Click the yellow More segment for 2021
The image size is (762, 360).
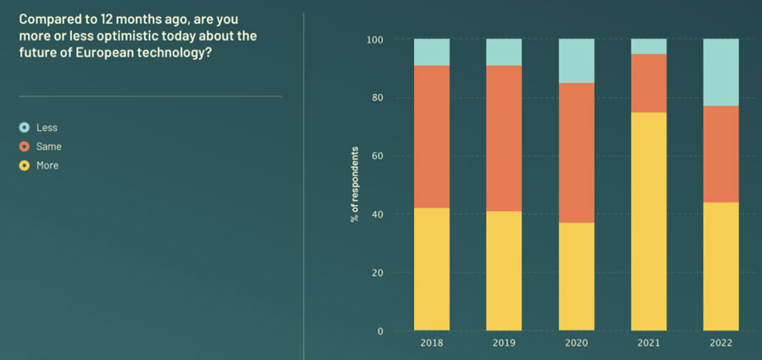pyautogui.click(x=649, y=221)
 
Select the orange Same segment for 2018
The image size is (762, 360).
pyautogui.click(x=432, y=136)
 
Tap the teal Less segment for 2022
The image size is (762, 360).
pyautogui.click(x=721, y=72)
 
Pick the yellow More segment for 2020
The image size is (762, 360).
pyautogui.click(x=577, y=276)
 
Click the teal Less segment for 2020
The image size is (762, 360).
pyautogui.click(x=577, y=60)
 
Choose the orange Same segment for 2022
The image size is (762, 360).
pyautogui.click(x=721, y=154)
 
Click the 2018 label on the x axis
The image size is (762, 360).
pyautogui.click(x=432, y=344)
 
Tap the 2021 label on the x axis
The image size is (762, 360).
pyautogui.click(x=649, y=344)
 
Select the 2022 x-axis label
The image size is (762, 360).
pyautogui.click(x=721, y=344)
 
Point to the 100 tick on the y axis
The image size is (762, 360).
pyautogui.click(x=375, y=39)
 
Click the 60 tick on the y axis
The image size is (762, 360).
pyautogui.click(x=378, y=156)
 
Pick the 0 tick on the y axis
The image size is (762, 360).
pyautogui.click(x=380, y=331)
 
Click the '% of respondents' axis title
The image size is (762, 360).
pyautogui.click(x=356, y=185)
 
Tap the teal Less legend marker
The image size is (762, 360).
pyautogui.click(x=25, y=128)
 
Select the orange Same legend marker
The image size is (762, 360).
pyautogui.click(x=25, y=147)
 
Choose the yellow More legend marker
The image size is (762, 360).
pyautogui.click(x=25, y=165)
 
